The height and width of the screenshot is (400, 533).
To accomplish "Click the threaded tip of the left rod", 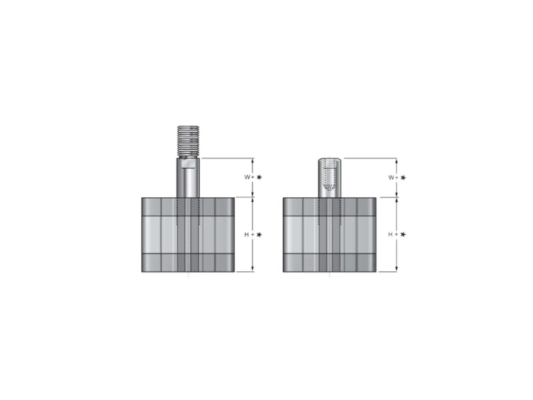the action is (x=188, y=141).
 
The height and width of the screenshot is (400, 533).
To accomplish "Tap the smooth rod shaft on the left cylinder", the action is (x=188, y=177).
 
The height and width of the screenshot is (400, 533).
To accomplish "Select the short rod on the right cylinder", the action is (x=330, y=177).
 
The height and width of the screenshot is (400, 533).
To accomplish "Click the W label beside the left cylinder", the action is (x=247, y=177).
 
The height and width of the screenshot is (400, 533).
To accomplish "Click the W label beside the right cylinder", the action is (x=392, y=177).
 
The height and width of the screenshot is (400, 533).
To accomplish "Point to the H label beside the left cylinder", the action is (x=247, y=235).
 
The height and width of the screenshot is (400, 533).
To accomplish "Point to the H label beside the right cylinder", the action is (x=390, y=235).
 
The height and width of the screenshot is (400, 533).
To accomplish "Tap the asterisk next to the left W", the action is (x=259, y=177).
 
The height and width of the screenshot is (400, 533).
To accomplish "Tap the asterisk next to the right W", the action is (x=403, y=177).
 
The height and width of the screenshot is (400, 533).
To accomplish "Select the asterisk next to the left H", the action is (x=259, y=235).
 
